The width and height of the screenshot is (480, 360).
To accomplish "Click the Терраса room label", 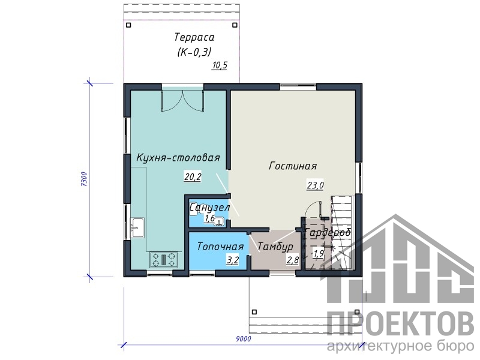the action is pos(194,37).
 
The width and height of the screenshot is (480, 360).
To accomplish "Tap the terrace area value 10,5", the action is pos(220,65).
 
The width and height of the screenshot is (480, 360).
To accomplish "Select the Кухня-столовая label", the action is pos(178,158).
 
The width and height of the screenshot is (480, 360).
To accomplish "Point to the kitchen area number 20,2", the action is pos(193,176).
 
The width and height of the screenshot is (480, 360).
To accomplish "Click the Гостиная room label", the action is pos(293,166).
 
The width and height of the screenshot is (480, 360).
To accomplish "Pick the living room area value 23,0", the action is pos(315,185).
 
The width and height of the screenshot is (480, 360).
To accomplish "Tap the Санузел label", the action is pos(209,208).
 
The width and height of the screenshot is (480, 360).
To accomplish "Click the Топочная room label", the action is pos(220,247).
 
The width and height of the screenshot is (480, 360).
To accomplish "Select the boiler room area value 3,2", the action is pos(232,260).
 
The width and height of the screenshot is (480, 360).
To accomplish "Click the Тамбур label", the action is pos(275,247).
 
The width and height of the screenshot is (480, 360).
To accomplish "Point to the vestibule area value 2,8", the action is pos(292,260).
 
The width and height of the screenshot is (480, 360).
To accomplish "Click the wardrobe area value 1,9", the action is pos(319,253).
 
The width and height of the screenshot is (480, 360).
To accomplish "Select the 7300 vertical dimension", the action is pos(84,179).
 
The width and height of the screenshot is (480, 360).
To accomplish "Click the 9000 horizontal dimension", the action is pos(244,338).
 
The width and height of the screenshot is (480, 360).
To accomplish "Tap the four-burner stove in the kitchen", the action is pos(164,259).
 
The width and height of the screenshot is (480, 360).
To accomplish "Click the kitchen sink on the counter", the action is pos(137,227).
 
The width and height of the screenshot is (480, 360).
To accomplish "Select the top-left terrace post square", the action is pos(128,25).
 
